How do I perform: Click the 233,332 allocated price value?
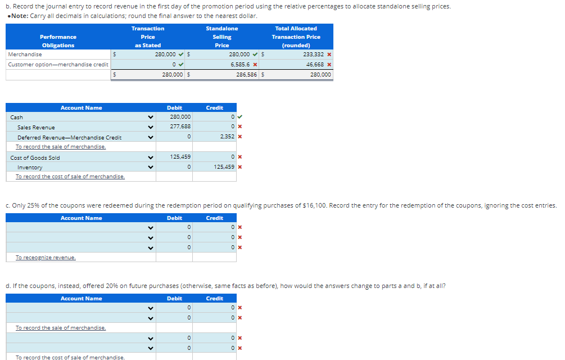pyautogui.click(x=313, y=55)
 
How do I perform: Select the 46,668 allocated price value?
pyautogui.click(x=314, y=65)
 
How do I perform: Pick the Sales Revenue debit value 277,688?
pyautogui.click(x=180, y=127)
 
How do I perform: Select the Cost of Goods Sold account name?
pyautogui.click(x=35, y=157)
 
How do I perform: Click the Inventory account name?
pyautogui.click(x=30, y=168)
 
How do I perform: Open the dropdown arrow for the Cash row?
pyautogui.click(x=150, y=118)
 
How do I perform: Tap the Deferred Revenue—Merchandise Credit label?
pyautogui.click(x=69, y=137)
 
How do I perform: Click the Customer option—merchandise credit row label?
pyautogui.click(x=58, y=65)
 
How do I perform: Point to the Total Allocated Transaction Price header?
pyautogui.click(x=296, y=37)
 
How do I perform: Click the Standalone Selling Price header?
pyautogui.click(x=222, y=37)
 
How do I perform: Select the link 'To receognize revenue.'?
pyautogui.click(x=46, y=258)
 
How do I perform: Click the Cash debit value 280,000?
pyautogui.click(x=180, y=117)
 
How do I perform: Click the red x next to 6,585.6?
pyautogui.click(x=255, y=65)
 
